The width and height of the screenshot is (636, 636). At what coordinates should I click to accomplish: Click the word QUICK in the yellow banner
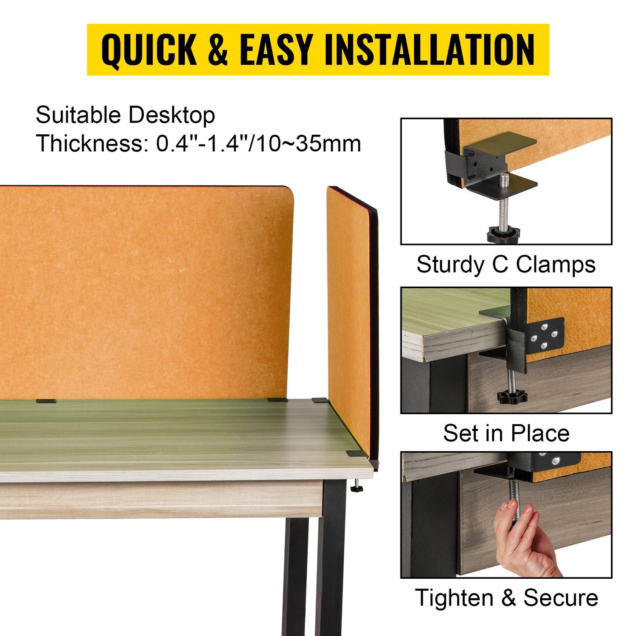click(x=149, y=50)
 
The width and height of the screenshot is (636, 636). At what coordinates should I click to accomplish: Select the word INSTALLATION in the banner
click(x=429, y=49)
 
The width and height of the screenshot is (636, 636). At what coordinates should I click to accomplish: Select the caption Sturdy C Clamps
click(x=506, y=265)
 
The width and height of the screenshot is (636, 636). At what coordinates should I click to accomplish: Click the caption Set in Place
click(x=506, y=433)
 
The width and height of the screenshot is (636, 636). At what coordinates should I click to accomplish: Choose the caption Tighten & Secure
click(x=506, y=598)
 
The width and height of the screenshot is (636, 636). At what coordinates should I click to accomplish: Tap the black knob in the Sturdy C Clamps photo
click(x=503, y=234)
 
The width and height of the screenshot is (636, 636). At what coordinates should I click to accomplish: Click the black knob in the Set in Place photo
click(x=512, y=396)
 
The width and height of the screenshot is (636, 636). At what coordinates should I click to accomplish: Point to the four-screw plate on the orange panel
click(x=545, y=335)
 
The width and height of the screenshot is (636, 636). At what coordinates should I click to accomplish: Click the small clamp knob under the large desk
click(x=356, y=488)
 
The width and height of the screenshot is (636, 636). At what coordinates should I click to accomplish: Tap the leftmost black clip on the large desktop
click(x=46, y=401)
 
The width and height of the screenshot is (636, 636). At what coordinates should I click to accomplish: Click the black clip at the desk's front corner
click(x=353, y=453)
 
